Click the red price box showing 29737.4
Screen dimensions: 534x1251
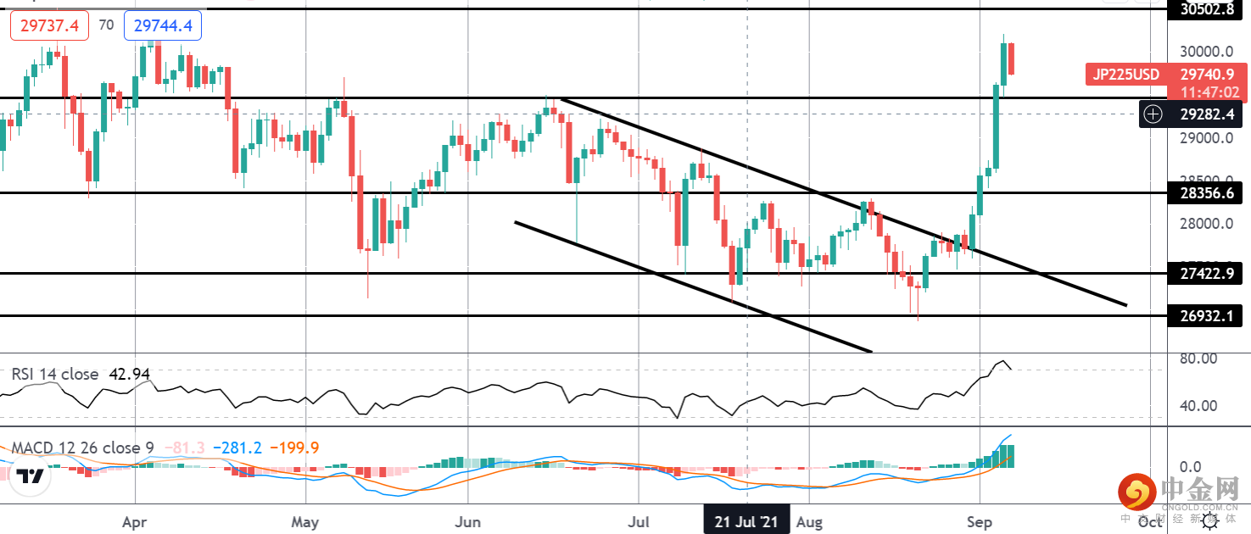point(50,26)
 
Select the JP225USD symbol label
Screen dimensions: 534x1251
point(1125,75)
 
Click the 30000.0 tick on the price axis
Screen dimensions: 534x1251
point(1204,51)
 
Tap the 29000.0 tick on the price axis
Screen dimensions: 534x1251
point(1204,137)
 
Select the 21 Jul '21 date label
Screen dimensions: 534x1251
point(746,520)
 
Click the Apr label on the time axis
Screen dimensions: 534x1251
point(136,521)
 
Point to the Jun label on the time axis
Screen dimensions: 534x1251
point(468,521)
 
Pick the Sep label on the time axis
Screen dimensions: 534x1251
point(979,521)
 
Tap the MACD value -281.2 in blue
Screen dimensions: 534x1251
point(238,448)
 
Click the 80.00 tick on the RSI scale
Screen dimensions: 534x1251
point(1199,359)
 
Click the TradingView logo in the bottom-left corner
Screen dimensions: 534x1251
point(31,477)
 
